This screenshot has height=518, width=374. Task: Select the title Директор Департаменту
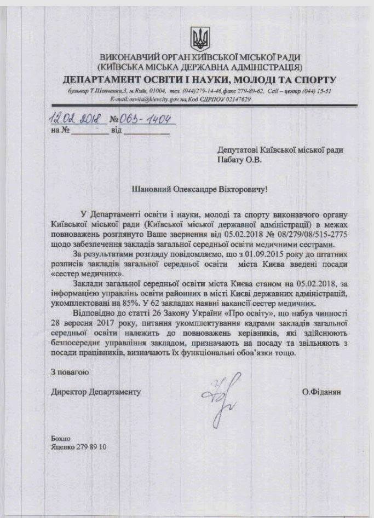point(96,392)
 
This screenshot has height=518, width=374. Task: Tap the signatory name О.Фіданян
point(321,392)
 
